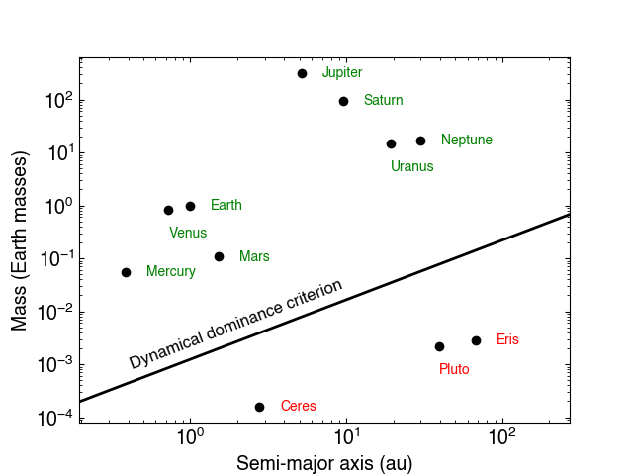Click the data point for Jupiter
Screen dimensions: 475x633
[303, 73]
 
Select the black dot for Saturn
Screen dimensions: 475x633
[344, 101]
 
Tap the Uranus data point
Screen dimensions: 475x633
[391, 143]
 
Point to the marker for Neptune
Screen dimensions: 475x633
[421, 141]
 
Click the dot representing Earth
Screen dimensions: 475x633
[190, 206]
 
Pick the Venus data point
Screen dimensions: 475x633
[168, 210]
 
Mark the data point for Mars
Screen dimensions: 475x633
[219, 256]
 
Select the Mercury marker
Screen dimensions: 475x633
[126, 272]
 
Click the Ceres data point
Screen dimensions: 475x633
[259, 407]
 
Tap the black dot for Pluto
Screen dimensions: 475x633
[440, 346]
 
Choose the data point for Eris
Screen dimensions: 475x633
[476, 340]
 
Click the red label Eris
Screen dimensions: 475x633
[507, 339]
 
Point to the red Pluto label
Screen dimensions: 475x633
[454, 369]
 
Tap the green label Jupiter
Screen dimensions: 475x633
[342, 73]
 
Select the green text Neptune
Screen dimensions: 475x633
[467, 141]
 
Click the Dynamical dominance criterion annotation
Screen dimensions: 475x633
[236, 324]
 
